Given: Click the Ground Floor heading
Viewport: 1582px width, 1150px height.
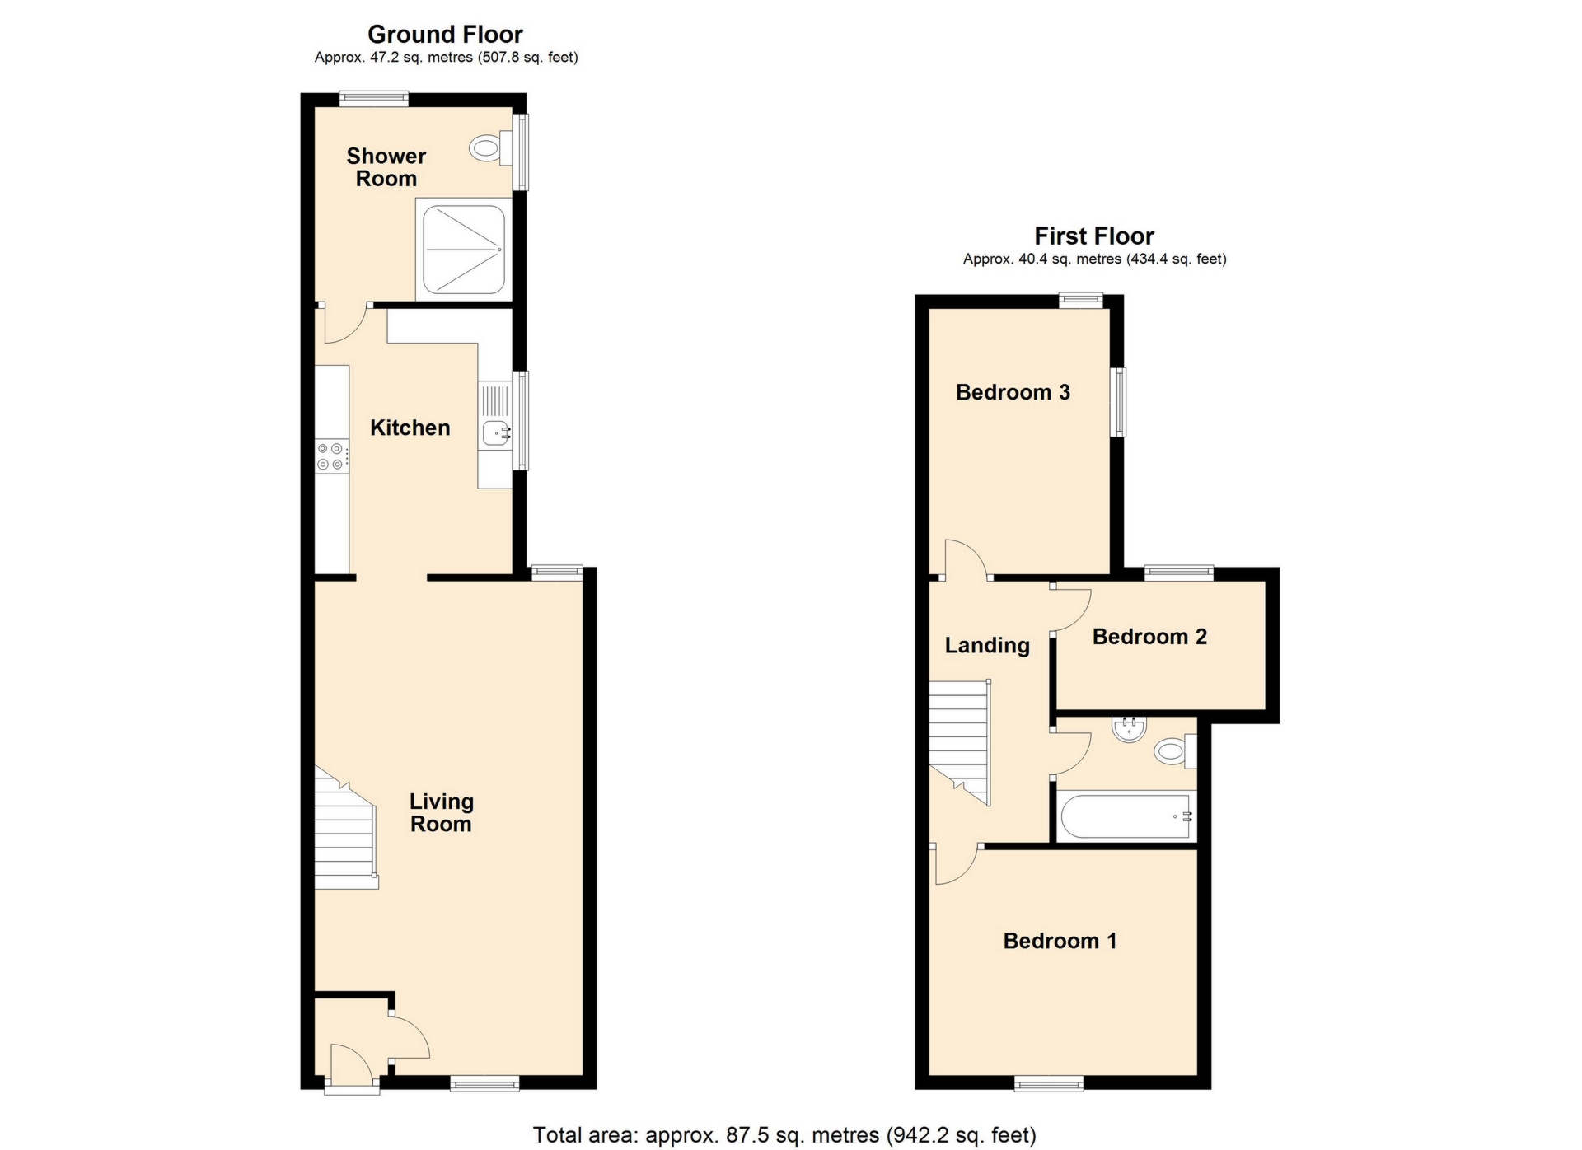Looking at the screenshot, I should [445, 35].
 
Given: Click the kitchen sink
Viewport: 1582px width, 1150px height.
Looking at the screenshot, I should [496, 430].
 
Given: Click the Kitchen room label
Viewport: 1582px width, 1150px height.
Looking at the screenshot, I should [410, 428].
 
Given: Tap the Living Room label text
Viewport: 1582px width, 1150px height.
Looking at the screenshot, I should [442, 812].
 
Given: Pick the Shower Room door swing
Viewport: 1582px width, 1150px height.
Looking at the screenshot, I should [344, 324].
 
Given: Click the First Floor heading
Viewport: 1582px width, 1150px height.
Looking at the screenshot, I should [1093, 236].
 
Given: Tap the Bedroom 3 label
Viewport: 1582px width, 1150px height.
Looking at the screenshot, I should [1013, 392].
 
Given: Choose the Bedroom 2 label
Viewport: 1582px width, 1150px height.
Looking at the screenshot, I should [1149, 637].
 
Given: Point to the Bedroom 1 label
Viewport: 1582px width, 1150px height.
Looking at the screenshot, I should [1060, 941].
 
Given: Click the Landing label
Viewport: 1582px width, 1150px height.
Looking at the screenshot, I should [987, 645].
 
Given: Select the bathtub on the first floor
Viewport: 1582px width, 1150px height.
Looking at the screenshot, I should [1126, 816].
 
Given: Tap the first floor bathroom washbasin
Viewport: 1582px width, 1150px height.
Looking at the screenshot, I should [1129, 728].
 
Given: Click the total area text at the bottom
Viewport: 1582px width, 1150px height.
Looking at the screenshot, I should [784, 1135].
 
